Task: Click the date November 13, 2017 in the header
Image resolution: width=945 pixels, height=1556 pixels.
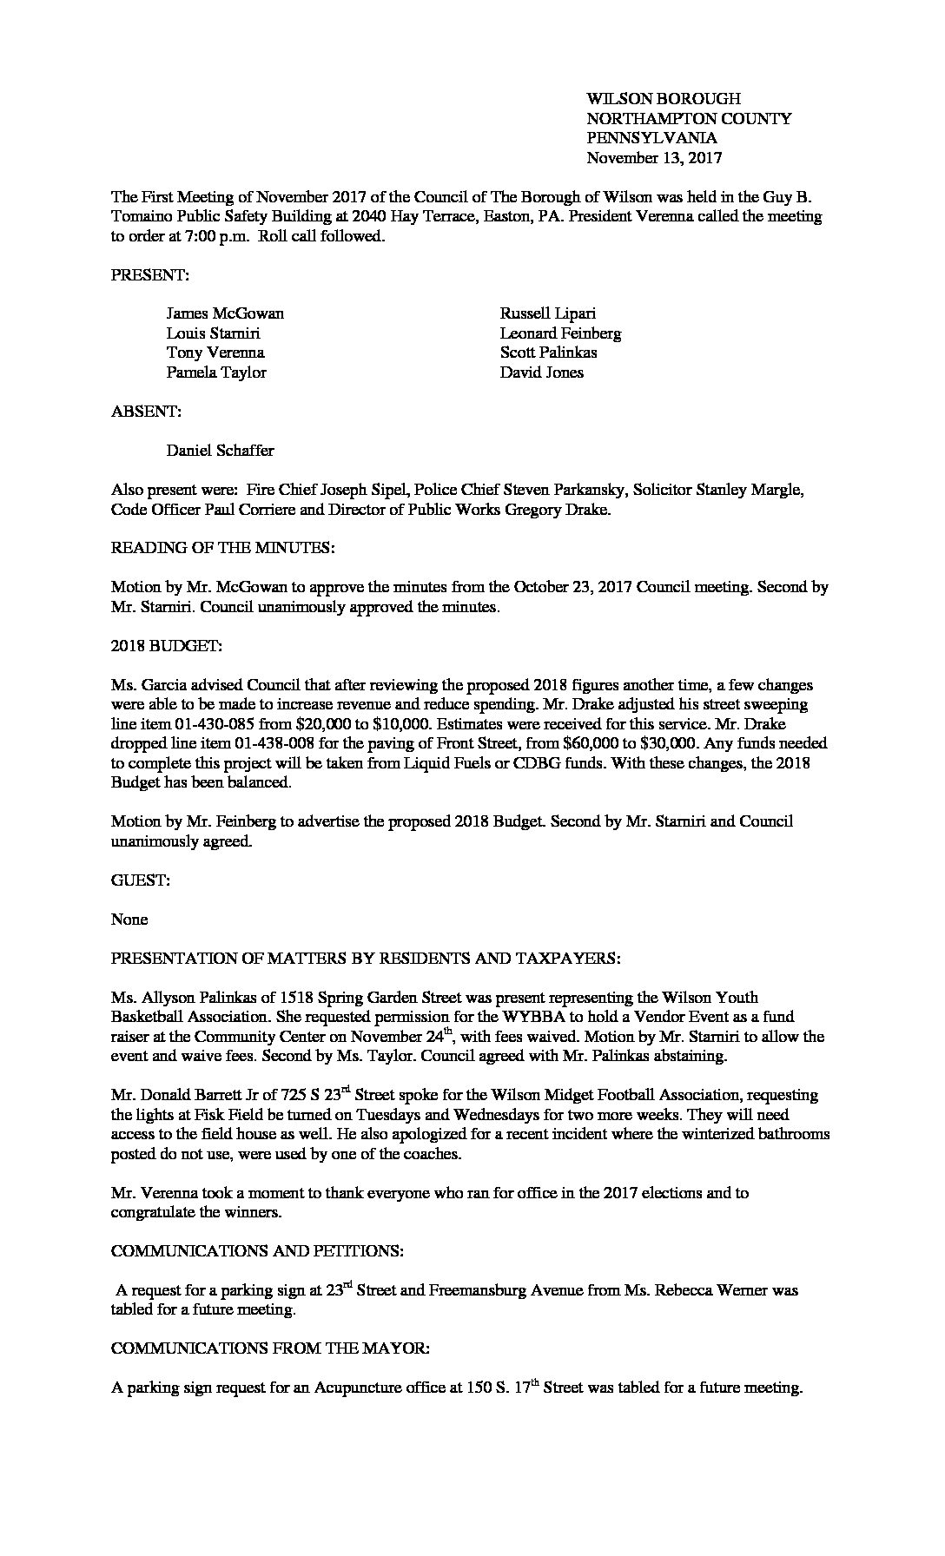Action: [x=653, y=158]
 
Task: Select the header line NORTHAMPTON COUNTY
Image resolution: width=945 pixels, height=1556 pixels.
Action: [x=689, y=119]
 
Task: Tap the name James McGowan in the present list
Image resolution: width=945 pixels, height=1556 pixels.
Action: [x=225, y=313]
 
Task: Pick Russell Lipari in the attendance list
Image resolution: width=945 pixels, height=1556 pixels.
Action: [x=547, y=313]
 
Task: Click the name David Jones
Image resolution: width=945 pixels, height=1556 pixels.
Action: [x=541, y=373]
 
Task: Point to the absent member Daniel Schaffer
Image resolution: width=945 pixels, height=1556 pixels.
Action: [x=220, y=451]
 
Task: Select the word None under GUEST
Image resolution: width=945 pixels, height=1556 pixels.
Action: [x=129, y=920]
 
